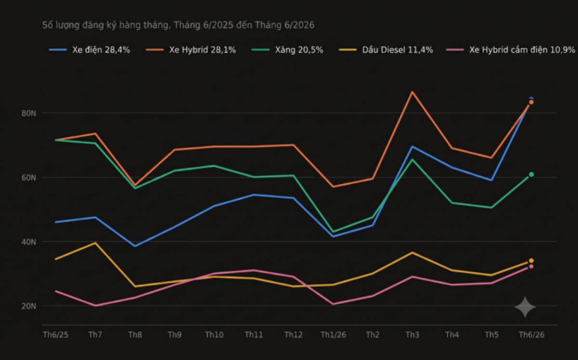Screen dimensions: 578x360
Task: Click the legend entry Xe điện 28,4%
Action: coord(90,50)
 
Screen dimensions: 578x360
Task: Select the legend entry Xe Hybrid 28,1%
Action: coord(191,50)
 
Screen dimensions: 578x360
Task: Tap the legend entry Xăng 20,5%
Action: coord(288,50)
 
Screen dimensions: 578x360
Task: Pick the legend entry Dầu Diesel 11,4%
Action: coord(386,50)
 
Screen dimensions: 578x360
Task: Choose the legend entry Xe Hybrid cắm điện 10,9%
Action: coord(511,50)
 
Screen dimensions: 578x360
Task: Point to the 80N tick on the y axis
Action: coord(28,113)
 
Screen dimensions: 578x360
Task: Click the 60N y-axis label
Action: coord(28,177)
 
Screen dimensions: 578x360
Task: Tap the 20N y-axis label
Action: coord(28,306)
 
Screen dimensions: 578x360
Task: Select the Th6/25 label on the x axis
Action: coord(55,335)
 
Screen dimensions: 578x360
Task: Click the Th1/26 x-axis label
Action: coord(333,335)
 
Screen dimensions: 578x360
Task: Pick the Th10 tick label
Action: coord(214,335)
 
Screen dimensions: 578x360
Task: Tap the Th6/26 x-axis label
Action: coord(532,335)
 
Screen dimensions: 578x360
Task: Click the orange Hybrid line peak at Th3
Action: coord(412,92)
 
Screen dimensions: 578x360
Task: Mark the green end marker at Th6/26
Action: coord(531,174)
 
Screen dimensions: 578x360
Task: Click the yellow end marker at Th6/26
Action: coord(531,261)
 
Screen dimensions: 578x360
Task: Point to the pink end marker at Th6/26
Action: coord(531,267)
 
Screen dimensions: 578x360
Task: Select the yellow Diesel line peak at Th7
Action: coord(95,243)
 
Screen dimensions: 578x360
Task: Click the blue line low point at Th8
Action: coord(135,246)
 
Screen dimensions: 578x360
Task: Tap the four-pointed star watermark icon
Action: coord(525,307)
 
